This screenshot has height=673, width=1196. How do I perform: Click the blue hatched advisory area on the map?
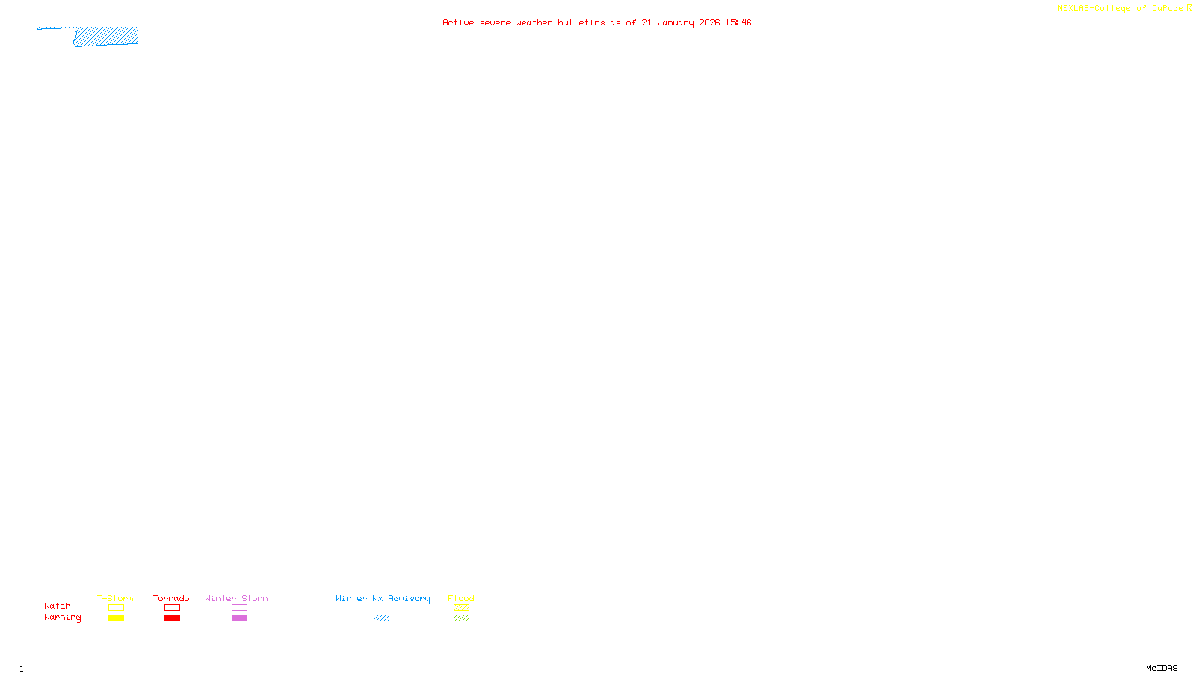click(107, 37)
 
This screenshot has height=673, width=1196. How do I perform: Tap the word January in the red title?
click(675, 23)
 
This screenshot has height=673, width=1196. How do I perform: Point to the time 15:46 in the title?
click(738, 23)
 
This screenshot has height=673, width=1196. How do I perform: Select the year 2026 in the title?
click(709, 23)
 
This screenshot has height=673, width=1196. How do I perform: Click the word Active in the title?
click(458, 23)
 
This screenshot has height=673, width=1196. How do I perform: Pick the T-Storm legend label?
click(115, 598)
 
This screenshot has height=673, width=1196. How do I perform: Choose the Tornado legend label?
click(171, 598)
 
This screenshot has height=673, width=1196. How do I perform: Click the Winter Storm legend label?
click(236, 598)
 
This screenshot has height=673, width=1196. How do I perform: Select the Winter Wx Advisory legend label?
click(383, 598)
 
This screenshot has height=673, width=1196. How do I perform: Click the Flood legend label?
click(461, 598)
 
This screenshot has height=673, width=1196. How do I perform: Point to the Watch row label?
click(58, 606)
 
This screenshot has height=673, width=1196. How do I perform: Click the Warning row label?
click(62, 618)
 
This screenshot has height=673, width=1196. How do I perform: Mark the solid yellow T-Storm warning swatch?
click(116, 618)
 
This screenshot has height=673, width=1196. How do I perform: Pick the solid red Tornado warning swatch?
click(172, 618)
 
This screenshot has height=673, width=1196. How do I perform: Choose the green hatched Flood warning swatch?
click(461, 618)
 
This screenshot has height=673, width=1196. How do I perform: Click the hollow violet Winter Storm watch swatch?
click(239, 608)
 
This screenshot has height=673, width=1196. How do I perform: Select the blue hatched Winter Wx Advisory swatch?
click(381, 618)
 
